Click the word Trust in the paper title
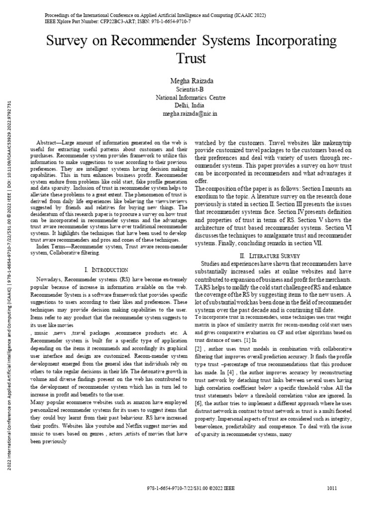point(191,59)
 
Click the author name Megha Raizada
point(191,81)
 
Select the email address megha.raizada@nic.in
point(191,114)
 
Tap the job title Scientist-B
point(191,89)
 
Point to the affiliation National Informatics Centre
point(191,97)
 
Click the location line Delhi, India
point(191,105)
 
